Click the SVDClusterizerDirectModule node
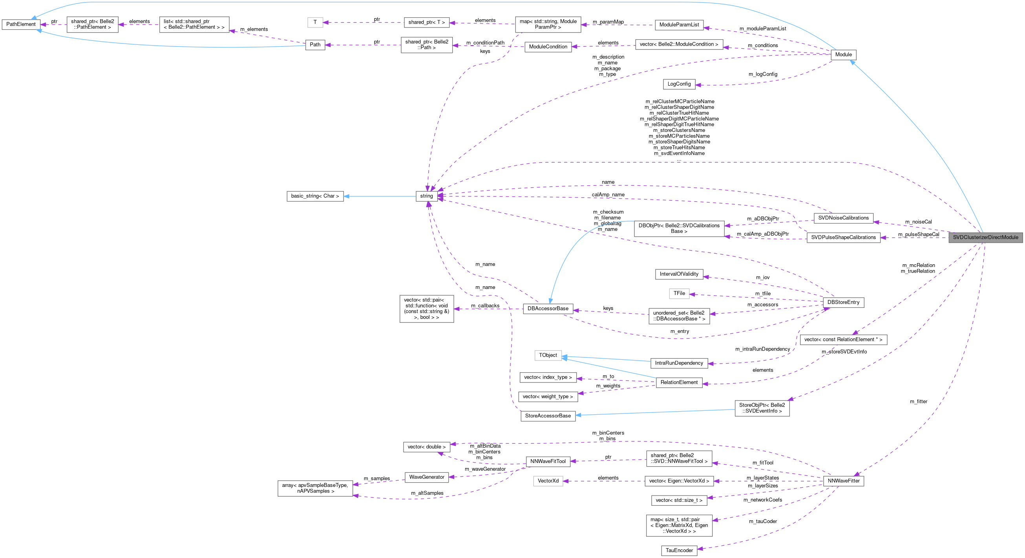[x=985, y=237]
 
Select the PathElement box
[x=21, y=24]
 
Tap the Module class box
[x=843, y=55]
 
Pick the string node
[x=426, y=196]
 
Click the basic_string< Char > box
[x=315, y=196]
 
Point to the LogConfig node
[x=679, y=84]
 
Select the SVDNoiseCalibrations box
[x=843, y=218]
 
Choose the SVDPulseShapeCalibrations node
[x=843, y=238]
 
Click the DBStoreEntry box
[x=843, y=302]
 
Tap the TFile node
[x=679, y=293]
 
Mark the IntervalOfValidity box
[x=679, y=274]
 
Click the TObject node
[x=548, y=355]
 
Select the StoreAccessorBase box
[x=548, y=416]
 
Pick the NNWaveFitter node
[x=843, y=481]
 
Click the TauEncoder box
[x=679, y=551]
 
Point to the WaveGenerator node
[x=427, y=477]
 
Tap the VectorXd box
[x=548, y=481]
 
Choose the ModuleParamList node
[x=679, y=25]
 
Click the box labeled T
[x=315, y=22]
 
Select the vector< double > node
[x=427, y=447]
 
